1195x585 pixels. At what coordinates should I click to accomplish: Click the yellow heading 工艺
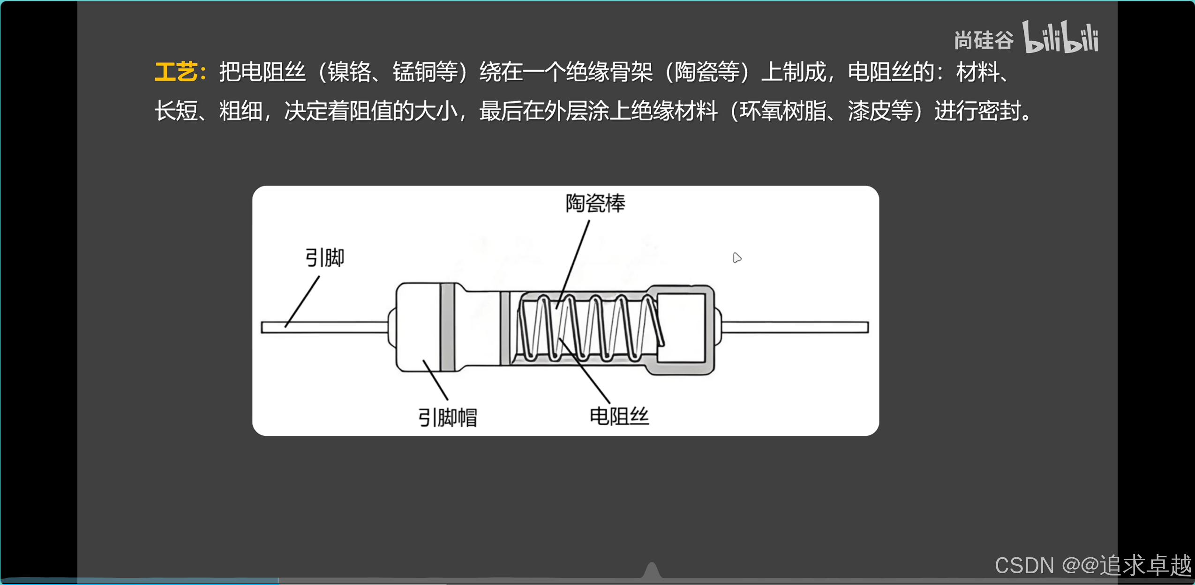click(x=176, y=72)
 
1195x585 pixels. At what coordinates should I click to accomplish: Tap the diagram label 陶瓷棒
click(x=595, y=203)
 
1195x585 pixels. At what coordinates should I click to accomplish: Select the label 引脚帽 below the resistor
click(x=447, y=417)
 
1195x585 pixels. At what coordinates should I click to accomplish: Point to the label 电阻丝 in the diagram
click(x=619, y=416)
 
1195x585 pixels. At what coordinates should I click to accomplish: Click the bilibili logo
click(x=1060, y=37)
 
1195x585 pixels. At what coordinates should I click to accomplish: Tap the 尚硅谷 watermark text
click(x=984, y=40)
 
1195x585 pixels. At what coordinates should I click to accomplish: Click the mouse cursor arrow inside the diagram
click(x=737, y=257)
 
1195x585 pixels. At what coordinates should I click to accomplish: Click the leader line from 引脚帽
click(x=436, y=380)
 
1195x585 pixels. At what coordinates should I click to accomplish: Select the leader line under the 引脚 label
click(x=302, y=301)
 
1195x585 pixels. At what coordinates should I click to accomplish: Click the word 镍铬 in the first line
click(x=349, y=72)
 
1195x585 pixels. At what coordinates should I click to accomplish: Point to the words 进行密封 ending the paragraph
click(x=977, y=112)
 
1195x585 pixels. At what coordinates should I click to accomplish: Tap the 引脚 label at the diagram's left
click(x=324, y=257)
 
